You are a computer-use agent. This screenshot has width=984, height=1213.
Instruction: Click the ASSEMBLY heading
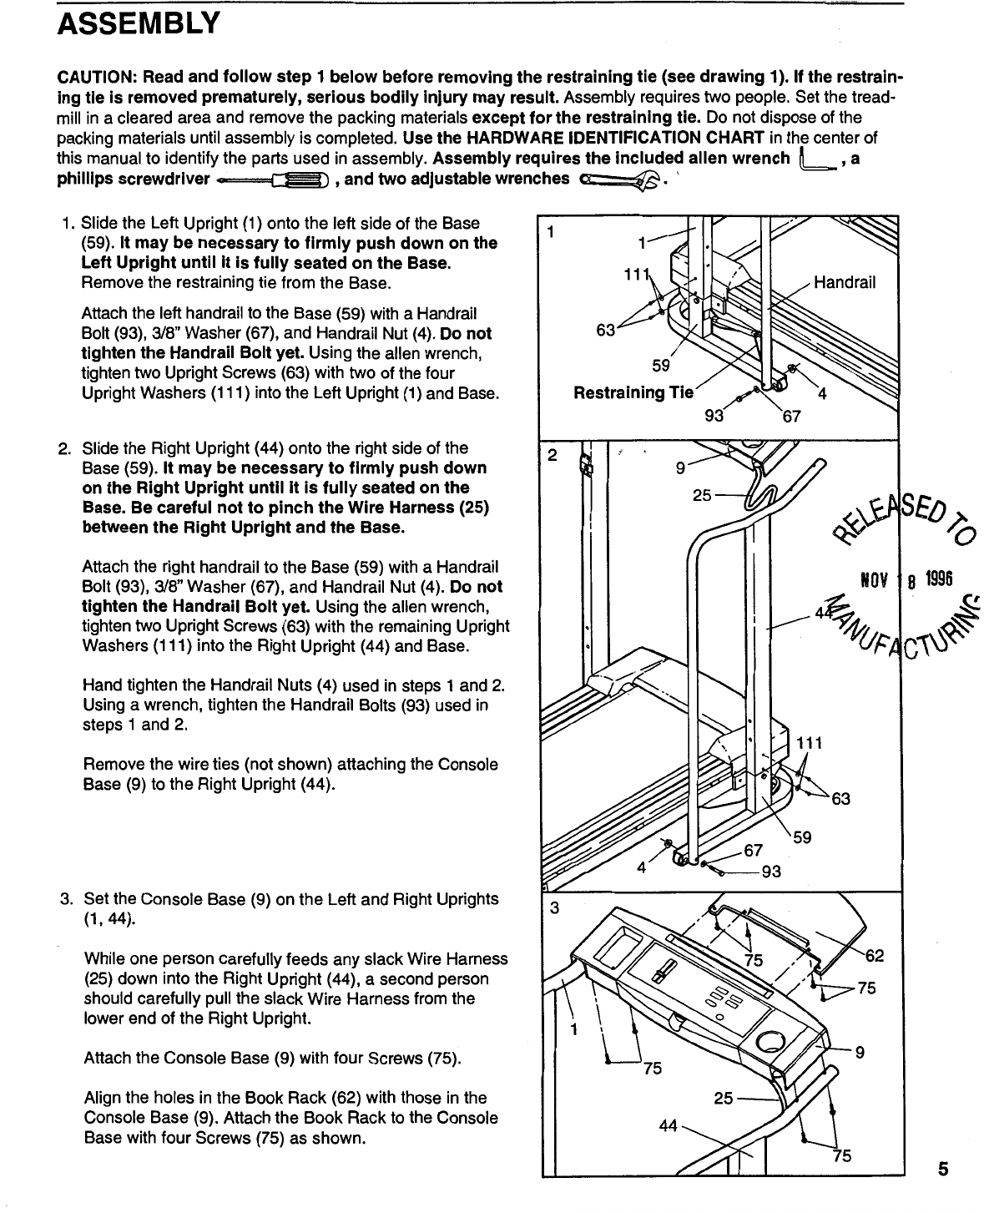(138, 23)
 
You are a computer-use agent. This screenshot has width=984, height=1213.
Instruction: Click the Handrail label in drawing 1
(845, 282)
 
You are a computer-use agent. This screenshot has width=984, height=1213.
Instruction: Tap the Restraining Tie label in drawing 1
(633, 392)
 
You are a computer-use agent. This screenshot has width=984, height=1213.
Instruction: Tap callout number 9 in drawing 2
(681, 468)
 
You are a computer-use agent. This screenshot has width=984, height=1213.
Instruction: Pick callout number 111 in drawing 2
(809, 744)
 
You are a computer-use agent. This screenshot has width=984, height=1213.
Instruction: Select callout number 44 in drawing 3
(669, 1125)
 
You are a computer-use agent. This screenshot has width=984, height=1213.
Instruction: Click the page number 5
(941, 1169)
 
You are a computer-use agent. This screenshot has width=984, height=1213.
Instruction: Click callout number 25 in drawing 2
(703, 496)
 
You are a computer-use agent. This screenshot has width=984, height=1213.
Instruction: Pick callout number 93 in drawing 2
(771, 872)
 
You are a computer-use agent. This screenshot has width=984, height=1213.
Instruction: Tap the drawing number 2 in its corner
(551, 456)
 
